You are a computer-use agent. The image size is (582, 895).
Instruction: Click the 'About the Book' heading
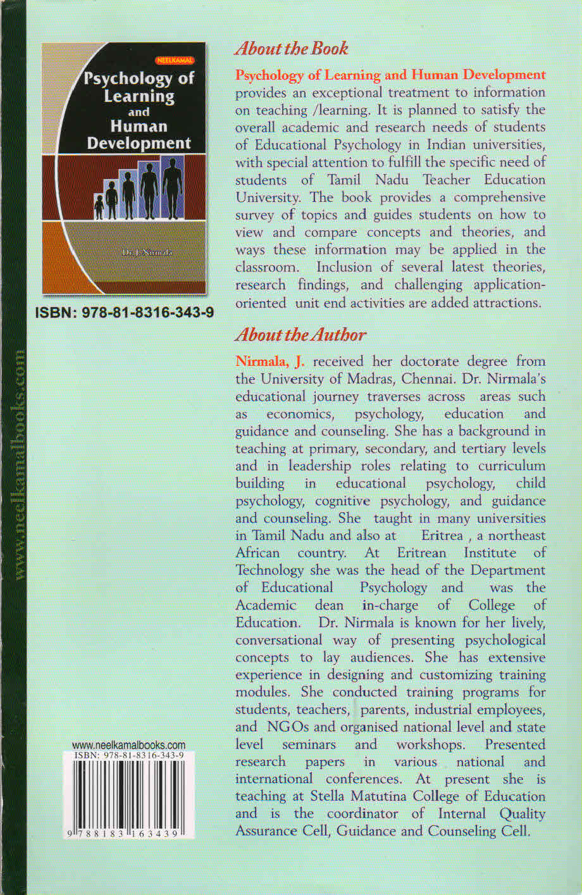point(292,48)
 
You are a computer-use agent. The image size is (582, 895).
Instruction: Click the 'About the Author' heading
point(300,335)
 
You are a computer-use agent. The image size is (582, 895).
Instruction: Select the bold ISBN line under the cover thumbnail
point(124,313)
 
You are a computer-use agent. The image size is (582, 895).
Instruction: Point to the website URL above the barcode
point(128,745)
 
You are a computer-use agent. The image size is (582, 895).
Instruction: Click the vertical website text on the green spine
point(19,465)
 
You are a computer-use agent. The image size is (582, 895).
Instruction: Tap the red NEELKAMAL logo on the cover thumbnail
point(175,61)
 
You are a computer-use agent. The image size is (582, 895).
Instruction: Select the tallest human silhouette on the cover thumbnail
point(171,186)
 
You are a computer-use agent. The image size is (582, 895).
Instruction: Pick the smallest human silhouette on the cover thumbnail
point(99,206)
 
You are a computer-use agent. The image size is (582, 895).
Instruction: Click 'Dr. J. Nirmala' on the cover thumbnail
point(147,253)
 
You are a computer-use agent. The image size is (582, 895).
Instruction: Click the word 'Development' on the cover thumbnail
point(139,143)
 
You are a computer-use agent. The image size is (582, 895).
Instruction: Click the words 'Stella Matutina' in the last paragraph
point(358,796)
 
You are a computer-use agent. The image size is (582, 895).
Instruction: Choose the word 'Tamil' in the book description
point(344,180)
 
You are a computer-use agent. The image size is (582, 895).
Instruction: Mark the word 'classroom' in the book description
point(266,267)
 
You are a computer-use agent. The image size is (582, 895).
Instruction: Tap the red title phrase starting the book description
point(390,75)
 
